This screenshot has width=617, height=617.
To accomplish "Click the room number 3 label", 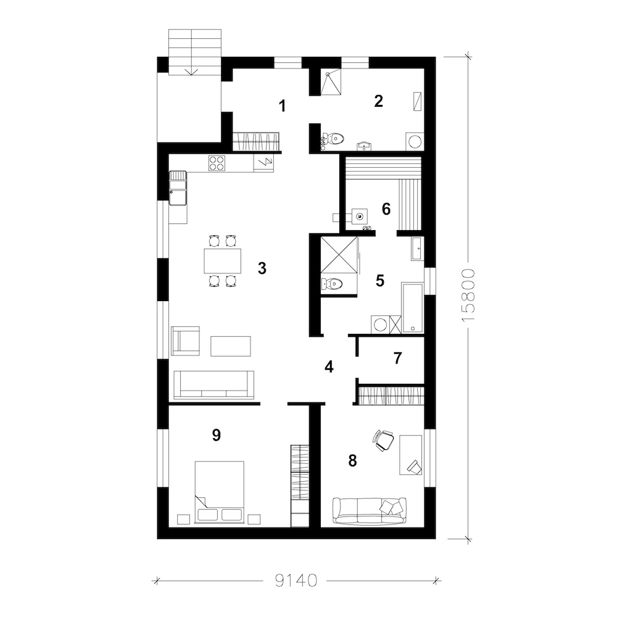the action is pos(262,268).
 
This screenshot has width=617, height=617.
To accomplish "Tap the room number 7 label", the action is pos(398,358).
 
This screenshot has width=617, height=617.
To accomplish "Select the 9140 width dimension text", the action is pos(296,581).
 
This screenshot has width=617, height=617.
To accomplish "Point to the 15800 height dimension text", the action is pos(468,296).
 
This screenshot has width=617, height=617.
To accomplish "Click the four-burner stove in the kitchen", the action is pos(217,164).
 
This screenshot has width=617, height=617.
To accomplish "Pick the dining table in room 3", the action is pos(222,260).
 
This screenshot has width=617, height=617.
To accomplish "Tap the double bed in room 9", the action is pos(220,492).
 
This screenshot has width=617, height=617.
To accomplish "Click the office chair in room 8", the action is pos(383,440).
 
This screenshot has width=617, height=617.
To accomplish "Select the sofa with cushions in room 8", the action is pos(369,511).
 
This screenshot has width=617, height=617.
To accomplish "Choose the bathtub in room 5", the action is pos(412,308).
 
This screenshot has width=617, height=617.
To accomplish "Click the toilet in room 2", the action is pos(334,138).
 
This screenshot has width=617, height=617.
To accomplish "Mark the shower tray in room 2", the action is pos(331,82).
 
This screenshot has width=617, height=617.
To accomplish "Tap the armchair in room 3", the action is pos(185,341).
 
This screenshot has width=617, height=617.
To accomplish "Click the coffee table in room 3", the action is pos(231,346).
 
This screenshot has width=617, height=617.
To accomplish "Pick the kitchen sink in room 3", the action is pos(178,188).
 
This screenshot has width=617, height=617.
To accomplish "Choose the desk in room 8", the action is pos(411,455).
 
